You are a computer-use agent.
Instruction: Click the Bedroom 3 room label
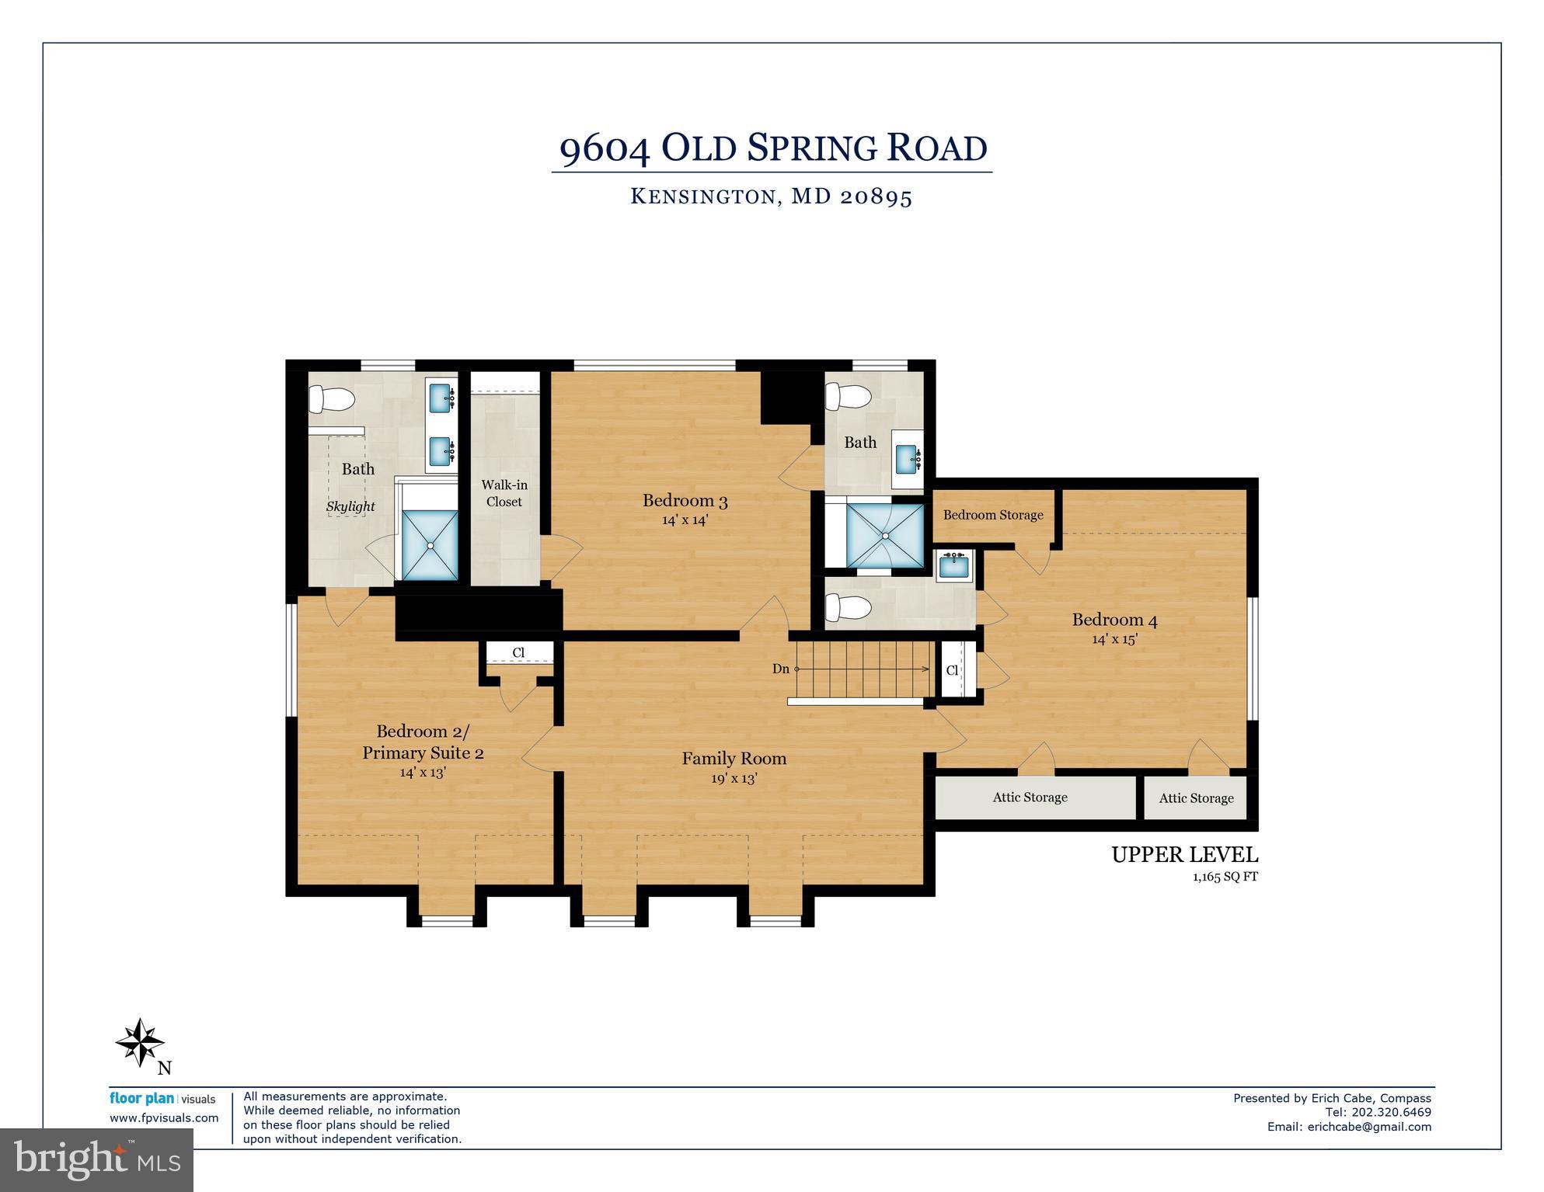(685, 501)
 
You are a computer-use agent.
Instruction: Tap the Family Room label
(734, 759)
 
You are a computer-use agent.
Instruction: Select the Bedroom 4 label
(1114, 620)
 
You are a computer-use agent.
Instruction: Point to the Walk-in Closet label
(504, 493)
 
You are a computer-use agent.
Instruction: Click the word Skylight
(350, 506)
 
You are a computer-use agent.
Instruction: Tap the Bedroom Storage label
(993, 515)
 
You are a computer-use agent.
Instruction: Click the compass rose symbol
(140, 1042)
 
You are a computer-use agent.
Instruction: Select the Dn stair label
(780, 669)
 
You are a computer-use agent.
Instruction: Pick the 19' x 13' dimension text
(734, 778)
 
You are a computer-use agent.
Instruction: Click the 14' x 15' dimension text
(1114, 639)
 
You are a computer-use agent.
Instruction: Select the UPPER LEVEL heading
(1184, 855)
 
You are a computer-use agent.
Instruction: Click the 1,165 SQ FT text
(1225, 877)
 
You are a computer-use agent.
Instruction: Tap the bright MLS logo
(96, 1160)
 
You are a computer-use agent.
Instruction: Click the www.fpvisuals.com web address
(164, 1118)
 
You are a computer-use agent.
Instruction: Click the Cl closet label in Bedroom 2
(518, 653)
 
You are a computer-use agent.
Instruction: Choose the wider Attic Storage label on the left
(1030, 798)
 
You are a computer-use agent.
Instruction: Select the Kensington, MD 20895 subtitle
(771, 196)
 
